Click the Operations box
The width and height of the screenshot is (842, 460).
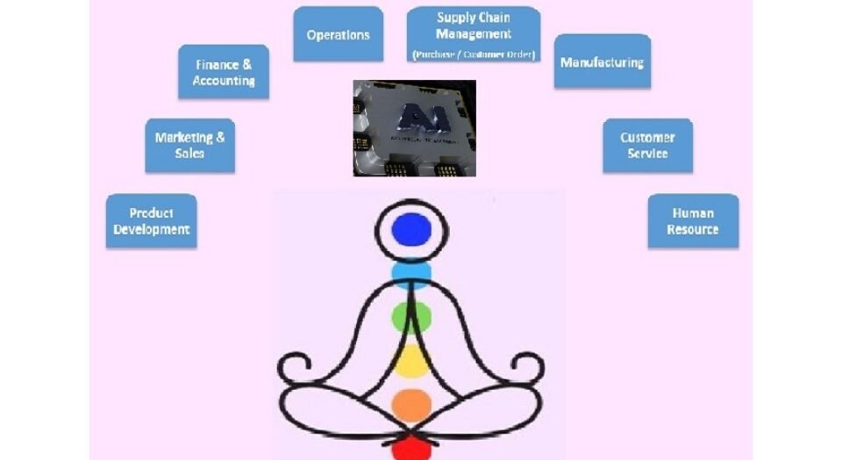click(338, 34)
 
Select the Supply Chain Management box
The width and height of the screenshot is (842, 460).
click(474, 35)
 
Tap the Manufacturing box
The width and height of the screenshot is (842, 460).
click(602, 61)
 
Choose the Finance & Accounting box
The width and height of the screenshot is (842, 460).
click(223, 72)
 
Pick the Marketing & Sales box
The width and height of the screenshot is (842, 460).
click(189, 145)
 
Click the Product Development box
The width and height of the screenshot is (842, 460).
click(151, 221)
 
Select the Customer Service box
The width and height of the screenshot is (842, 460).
click(647, 145)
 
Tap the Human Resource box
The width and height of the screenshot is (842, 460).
click(693, 221)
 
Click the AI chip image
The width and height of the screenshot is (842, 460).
click(414, 128)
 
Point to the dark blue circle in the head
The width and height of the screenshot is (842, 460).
click(412, 230)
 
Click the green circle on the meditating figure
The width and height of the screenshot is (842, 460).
click(411, 316)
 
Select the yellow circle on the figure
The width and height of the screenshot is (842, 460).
click(411, 359)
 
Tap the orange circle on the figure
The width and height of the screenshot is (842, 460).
click(411, 405)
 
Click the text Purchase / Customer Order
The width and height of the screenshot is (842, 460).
click(474, 54)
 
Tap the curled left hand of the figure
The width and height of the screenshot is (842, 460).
click(293, 366)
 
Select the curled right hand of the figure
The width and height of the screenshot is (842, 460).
click(530, 366)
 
